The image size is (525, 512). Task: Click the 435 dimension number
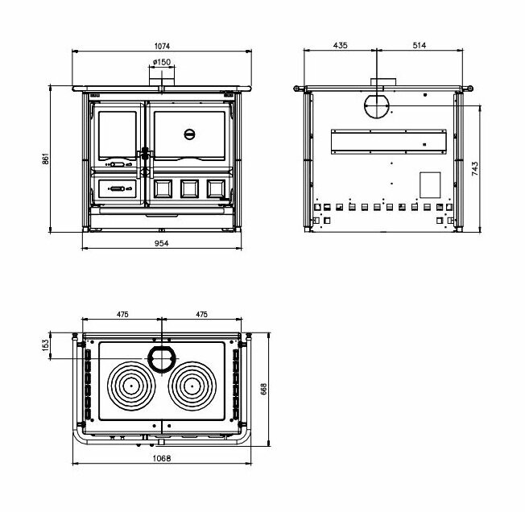coord(339,46)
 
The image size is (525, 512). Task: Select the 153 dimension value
coord(46,345)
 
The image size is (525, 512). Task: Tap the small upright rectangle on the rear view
coord(430,185)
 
